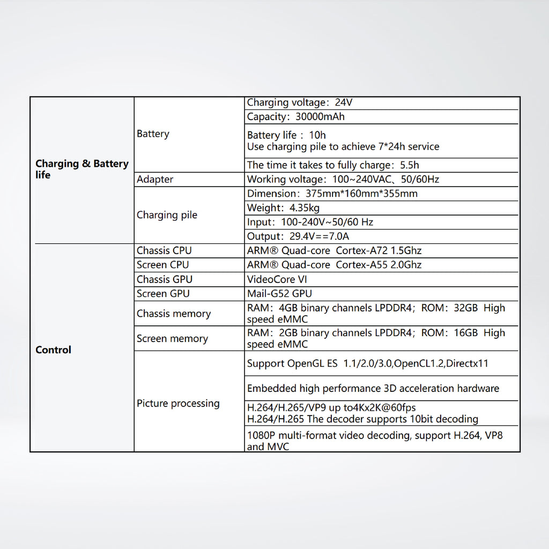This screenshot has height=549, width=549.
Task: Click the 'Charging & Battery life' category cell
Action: pyautogui.click(x=81, y=169)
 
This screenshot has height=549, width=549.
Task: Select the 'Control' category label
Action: pyautogui.click(x=53, y=350)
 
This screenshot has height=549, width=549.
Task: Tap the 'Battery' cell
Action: pyautogui.click(x=153, y=134)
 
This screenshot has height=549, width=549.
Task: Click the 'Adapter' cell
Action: pyautogui.click(x=155, y=180)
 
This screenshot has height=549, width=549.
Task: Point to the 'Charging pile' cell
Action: pyautogui.click(x=167, y=215)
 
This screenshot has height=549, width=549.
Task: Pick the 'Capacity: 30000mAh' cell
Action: pyautogui.click(x=295, y=117)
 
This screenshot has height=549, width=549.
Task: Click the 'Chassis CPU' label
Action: pyautogui.click(x=164, y=251)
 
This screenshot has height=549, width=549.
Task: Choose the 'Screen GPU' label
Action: pyautogui.click(x=163, y=294)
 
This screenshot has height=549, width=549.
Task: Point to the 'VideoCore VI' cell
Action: pyautogui.click(x=277, y=279)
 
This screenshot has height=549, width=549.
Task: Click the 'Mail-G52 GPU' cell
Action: pyautogui.click(x=279, y=294)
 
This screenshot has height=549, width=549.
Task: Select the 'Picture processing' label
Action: pyautogui.click(x=178, y=404)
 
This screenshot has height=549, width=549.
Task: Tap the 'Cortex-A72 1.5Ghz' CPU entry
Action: pyautogui.click(x=379, y=251)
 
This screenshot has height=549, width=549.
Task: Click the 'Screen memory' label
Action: pyautogui.click(x=172, y=339)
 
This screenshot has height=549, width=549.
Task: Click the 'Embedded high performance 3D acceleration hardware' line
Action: pyautogui.click(x=373, y=389)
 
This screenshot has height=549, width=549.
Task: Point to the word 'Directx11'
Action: pyautogui.click(x=467, y=363)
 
